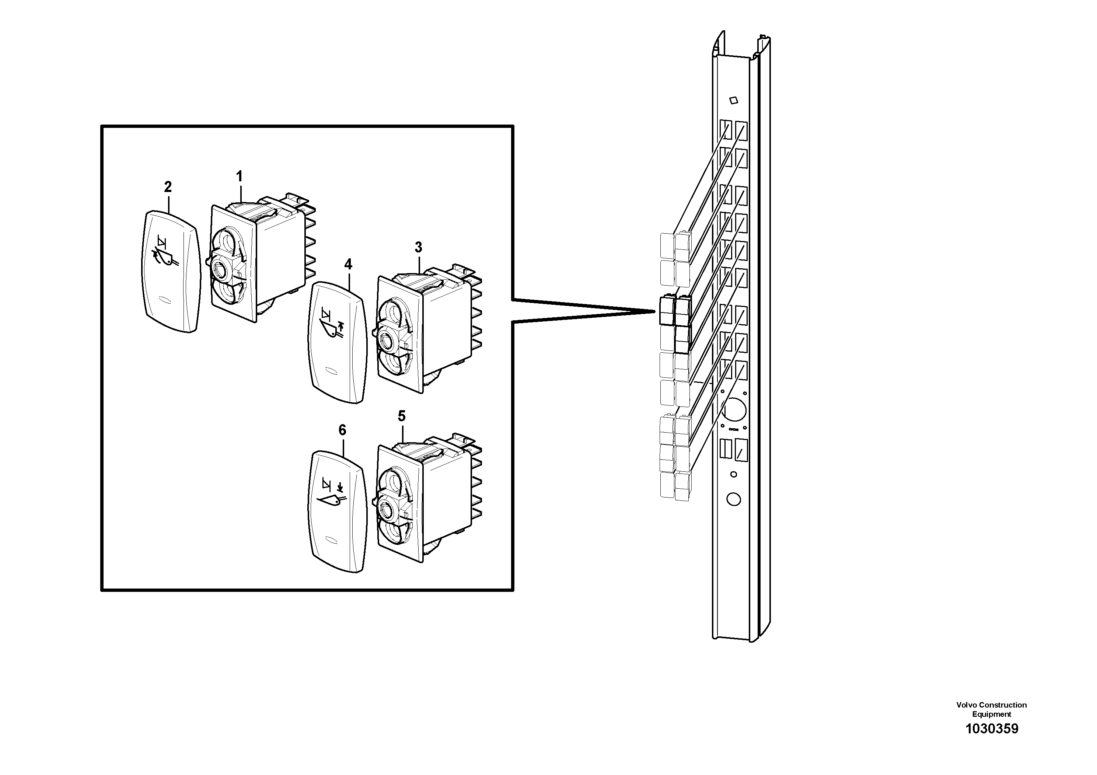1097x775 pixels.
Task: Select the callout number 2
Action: tap(168, 187)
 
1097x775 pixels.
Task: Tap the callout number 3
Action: tap(418, 248)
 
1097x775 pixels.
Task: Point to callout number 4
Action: tap(348, 264)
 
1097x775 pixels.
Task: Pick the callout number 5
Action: tap(401, 416)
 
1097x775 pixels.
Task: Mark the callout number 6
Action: tap(342, 430)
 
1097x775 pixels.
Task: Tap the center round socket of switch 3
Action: tap(385, 340)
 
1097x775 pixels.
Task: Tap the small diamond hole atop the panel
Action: tap(734, 100)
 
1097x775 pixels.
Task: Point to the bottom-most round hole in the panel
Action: tap(733, 499)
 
